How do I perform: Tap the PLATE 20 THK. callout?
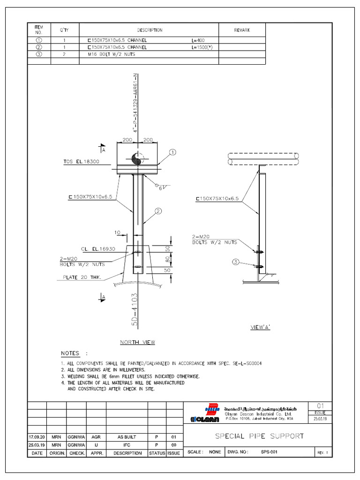click(82, 277)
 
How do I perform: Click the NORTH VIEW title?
click(137, 342)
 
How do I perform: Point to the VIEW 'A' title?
click(260, 328)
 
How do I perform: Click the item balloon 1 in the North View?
click(172, 152)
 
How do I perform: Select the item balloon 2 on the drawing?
click(158, 211)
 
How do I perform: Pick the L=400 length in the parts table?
click(198, 41)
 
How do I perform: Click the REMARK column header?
click(242, 30)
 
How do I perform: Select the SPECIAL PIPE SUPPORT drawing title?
click(259, 436)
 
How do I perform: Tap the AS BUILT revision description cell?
click(127, 436)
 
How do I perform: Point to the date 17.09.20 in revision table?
click(37, 436)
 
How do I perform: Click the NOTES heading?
click(70, 353)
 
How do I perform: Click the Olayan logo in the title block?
click(202, 419)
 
